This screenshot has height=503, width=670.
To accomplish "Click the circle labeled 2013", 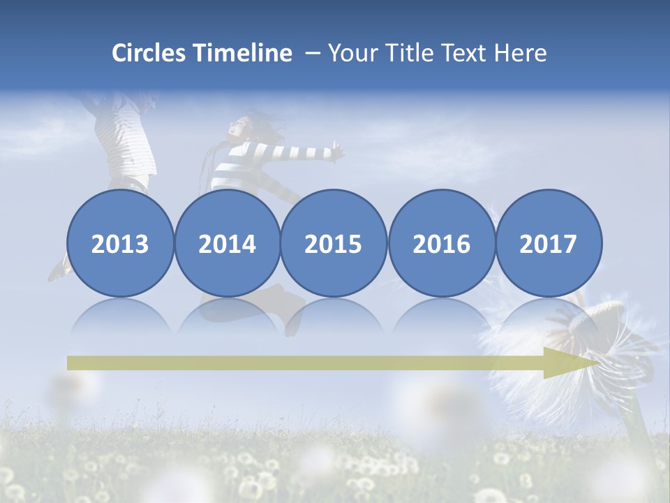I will (119, 243).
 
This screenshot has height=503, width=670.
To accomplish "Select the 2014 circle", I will (228, 243).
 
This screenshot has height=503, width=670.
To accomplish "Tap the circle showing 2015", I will (334, 243).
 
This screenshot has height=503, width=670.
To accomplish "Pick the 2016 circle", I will (442, 243).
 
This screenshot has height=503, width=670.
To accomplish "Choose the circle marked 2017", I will (549, 243).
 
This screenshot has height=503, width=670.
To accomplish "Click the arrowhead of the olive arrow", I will (569, 363).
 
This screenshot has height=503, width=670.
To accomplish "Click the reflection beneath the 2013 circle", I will (119, 316).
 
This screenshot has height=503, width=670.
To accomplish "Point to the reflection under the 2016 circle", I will (442, 316).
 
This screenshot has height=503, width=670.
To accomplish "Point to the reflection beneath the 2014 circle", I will (228, 316).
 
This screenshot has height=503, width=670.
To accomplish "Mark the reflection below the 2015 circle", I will (334, 316).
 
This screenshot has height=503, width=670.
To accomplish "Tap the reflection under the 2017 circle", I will (549, 316).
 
